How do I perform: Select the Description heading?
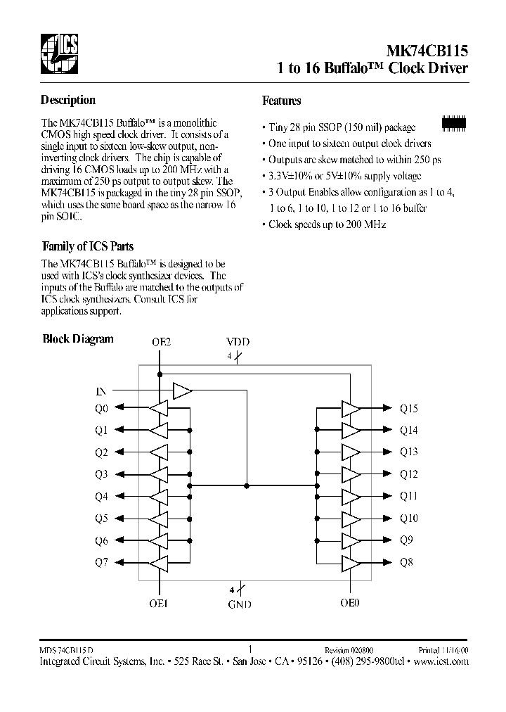68,100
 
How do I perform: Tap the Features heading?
282,101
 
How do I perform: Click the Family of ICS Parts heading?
88,246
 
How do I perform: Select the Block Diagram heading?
78,338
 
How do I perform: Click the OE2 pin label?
161,342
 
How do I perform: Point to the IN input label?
100,390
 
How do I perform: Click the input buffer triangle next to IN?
182,390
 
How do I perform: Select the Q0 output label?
101,408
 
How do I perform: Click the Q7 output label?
101,563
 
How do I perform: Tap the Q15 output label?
408,408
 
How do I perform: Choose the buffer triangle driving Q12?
350,474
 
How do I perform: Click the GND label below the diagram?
239,604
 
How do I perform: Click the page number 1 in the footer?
251,649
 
